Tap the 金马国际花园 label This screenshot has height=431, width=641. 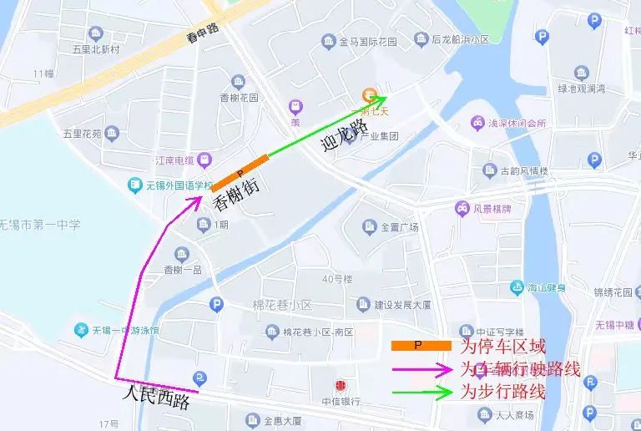pos(370,40)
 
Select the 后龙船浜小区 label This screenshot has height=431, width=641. pos(460,39)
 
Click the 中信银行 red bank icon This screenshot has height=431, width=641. pos(340,386)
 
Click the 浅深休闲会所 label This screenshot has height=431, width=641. pos(517,124)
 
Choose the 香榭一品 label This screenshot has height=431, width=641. pos(183,269)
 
